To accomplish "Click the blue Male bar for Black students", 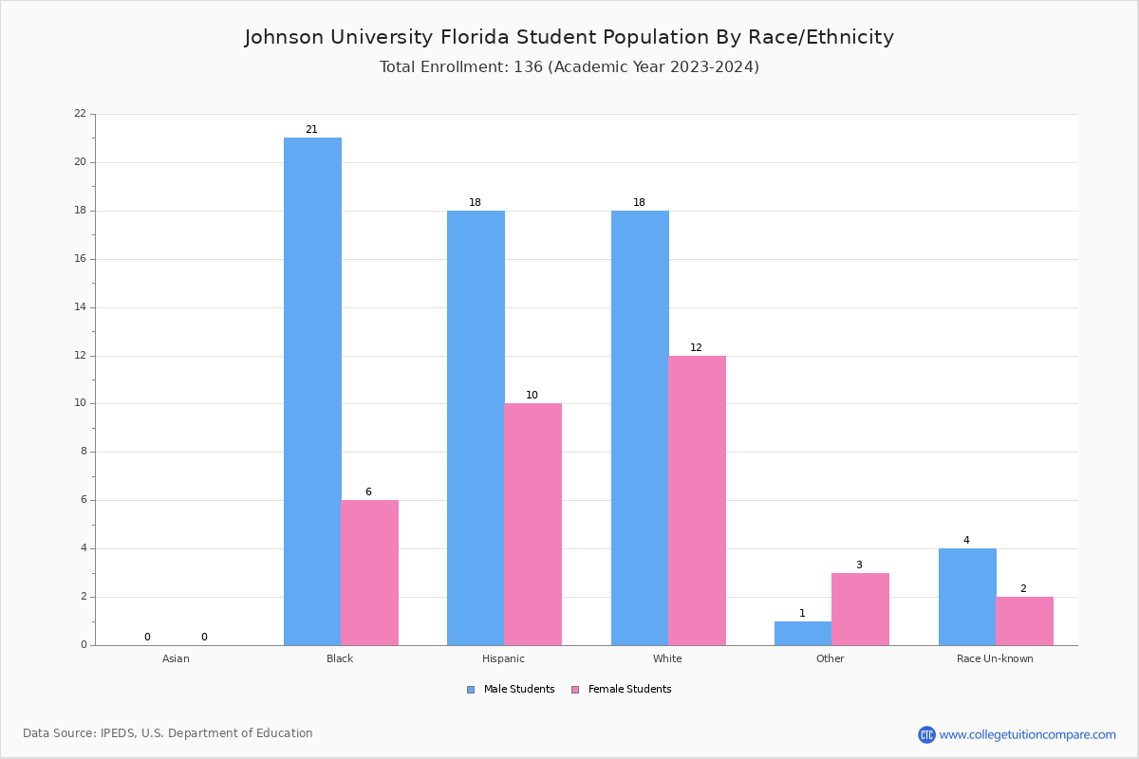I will tap(312, 391).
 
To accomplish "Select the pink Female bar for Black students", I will tap(370, 572).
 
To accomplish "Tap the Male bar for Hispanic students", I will tap(476, 427).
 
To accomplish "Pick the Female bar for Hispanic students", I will tap(532, 524).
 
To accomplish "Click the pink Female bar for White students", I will tap(697, 500).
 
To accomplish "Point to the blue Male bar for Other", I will tap(802, 633).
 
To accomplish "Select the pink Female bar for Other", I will tap(860, 609).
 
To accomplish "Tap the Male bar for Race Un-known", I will tap(966, 597).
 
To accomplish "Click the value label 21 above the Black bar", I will tap(311, 130).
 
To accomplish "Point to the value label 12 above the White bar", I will tap(696, 348).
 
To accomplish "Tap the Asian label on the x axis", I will tap(176, 658).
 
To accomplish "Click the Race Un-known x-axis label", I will tap(995, 658).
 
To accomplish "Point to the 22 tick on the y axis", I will tap(80, 114).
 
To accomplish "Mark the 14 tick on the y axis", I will tap(80, 307).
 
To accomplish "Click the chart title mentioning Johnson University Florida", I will tap(569, 37).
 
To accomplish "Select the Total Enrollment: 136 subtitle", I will tap(569, 67).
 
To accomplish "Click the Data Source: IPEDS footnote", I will tap(168, 733).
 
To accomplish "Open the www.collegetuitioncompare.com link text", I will tap(1027, 734).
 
